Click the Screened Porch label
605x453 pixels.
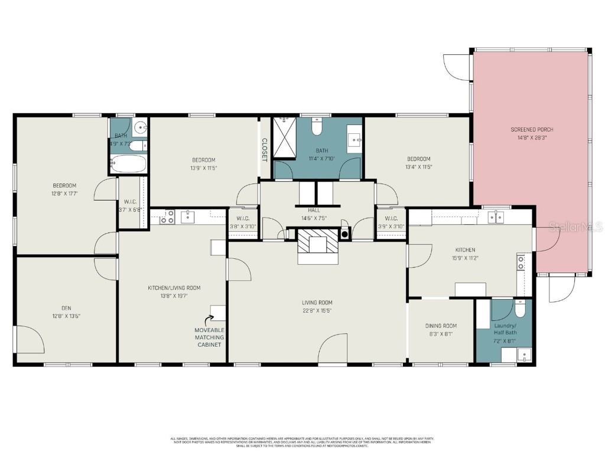(x=532, y=130)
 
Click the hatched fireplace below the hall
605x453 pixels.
(x=318, y=241)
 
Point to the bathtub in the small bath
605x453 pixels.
(x=127, y=163)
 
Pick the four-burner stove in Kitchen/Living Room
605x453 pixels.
(x=166, y=217)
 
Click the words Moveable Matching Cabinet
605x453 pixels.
(x=209, y=337)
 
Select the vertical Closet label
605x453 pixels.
(x=265, y=150)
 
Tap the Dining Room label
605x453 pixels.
(x=441, y=326)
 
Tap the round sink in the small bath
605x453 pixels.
(x=139, y=127)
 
